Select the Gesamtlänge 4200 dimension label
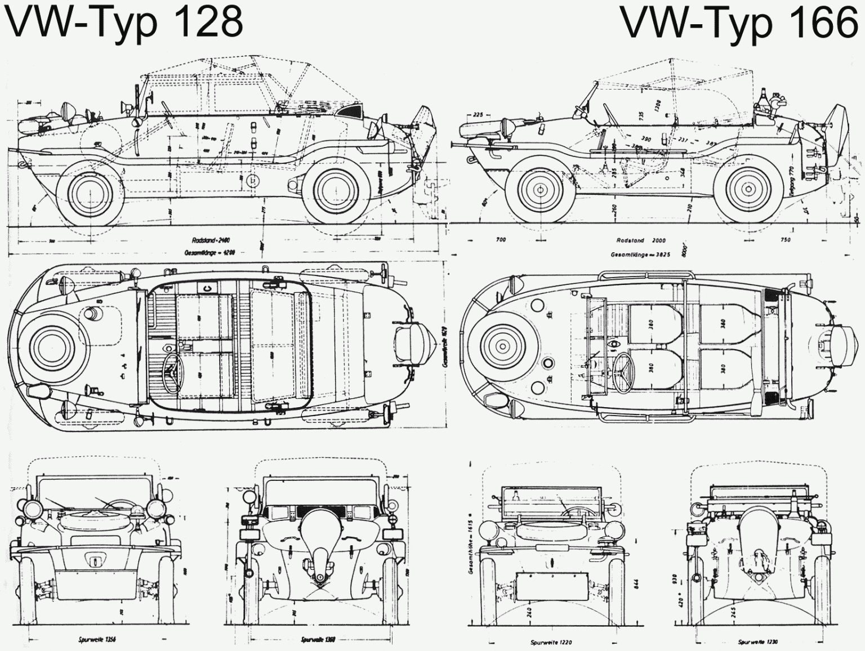click(x=206, y=253)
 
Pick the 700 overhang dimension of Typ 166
click(x=501, y=240)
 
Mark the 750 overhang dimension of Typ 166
click(x=785, y=240)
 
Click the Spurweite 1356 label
click(x=97, y=640)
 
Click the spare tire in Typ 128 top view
click(x=53, y=345)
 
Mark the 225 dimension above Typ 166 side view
click(x=479, y=115)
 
